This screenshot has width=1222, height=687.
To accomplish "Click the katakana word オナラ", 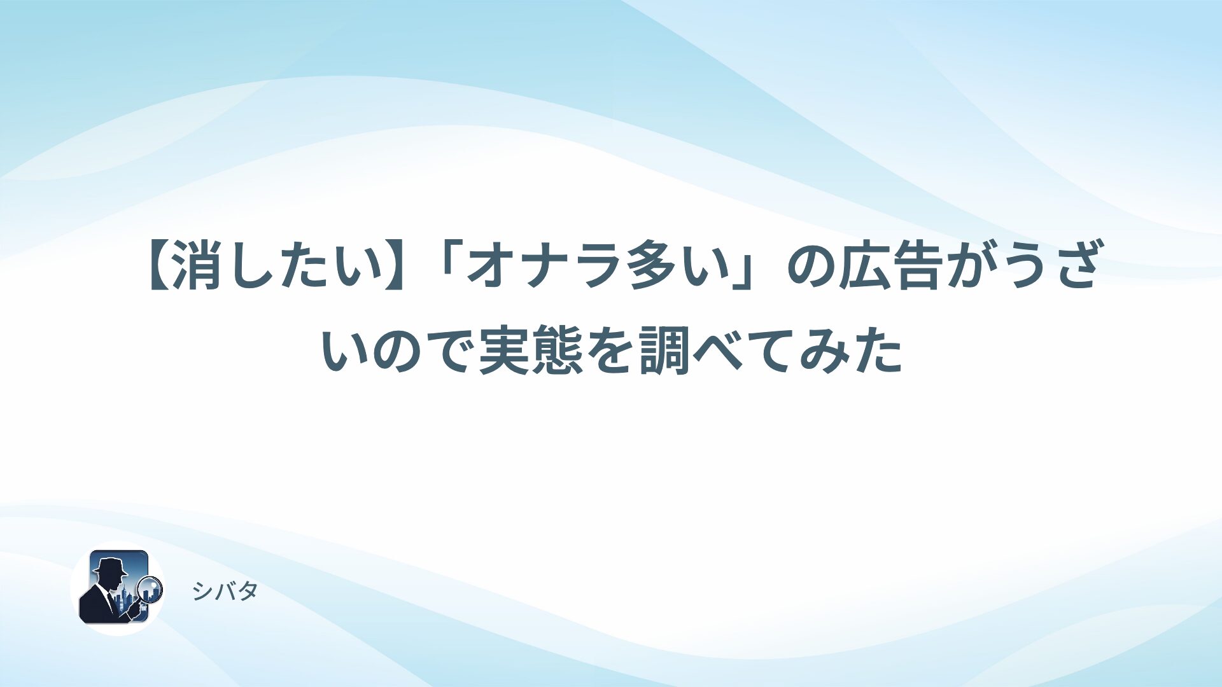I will coord(544,266).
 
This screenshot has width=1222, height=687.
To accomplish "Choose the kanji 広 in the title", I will coord(863,266).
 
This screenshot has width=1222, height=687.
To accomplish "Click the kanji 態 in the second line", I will coord(557,350).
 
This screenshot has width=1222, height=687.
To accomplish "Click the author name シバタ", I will coord(225,592).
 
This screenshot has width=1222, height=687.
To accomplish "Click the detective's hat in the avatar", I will coord(109,565).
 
